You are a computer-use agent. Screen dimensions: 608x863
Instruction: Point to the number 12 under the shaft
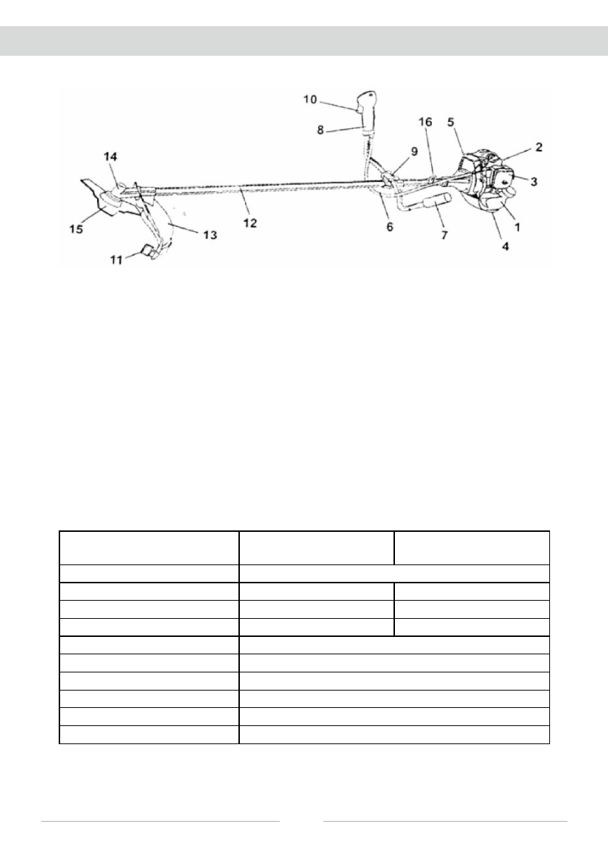click(249, 223)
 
